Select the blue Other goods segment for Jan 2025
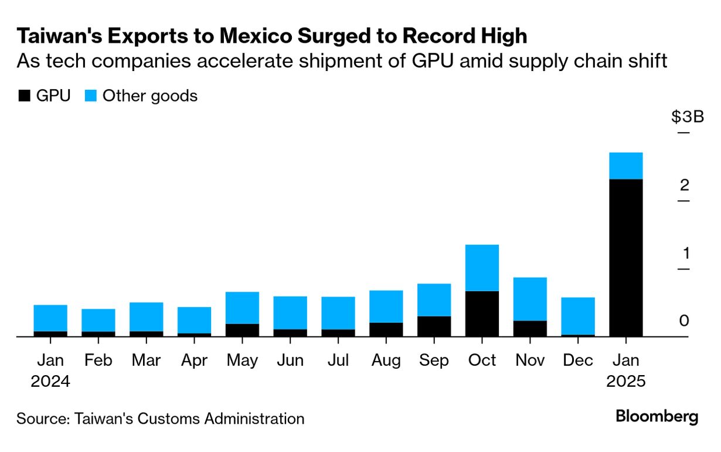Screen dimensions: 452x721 click(626, 166)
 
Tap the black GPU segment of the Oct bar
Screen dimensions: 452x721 click(482, 313)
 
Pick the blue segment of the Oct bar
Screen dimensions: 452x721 click(482, 268)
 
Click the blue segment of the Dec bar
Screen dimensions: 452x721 click(578, 316)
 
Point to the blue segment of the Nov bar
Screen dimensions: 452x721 click(530, 299)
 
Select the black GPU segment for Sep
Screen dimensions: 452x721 click(434, 326)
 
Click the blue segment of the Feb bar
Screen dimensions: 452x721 click(98, 320)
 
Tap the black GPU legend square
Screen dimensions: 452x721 click(23, 96)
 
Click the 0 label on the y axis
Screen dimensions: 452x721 click(684, 321)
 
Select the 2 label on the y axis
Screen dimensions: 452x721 click(684, 185)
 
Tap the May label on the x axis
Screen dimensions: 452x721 click(242, 360)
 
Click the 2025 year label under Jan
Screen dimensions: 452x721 click(626, 382)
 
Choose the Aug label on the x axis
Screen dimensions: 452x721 click(386, 360)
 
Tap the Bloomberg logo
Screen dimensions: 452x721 click(657, 417)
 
